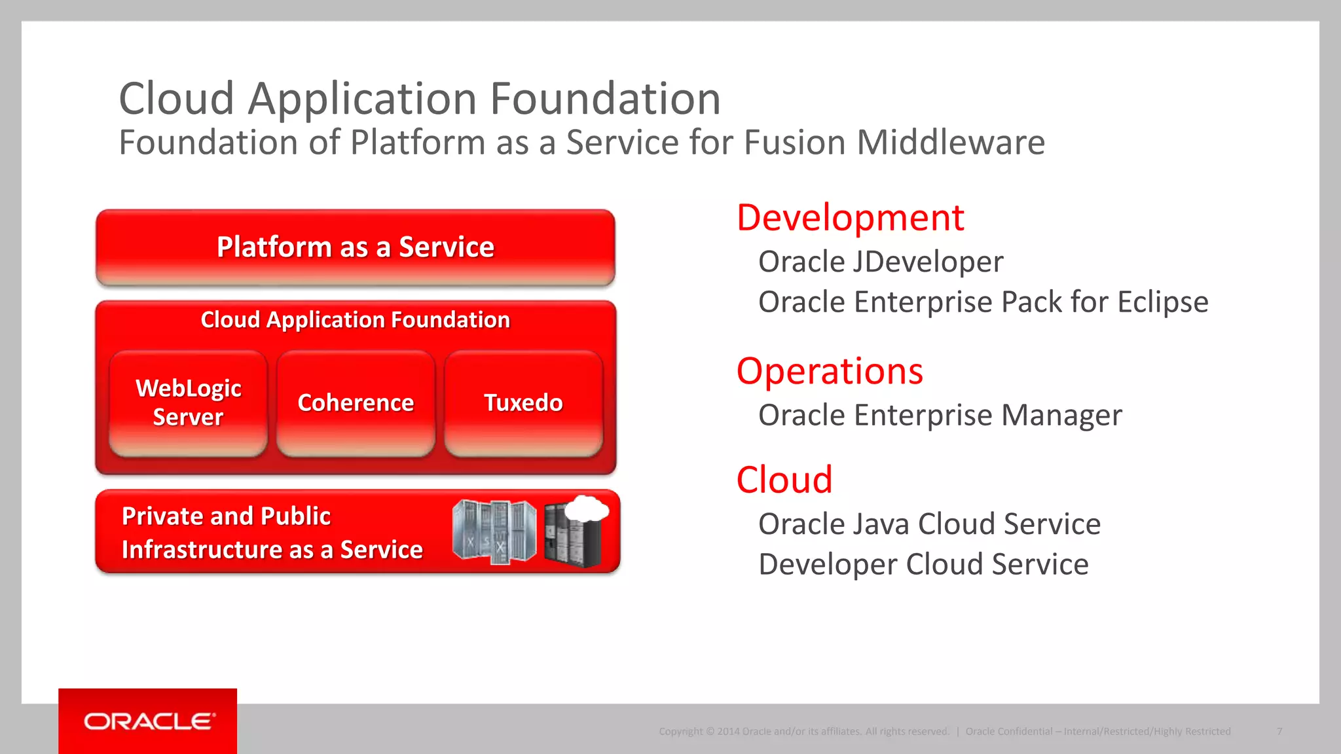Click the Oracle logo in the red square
[149, 721]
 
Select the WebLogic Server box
[189, 403]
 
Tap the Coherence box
[356, 403]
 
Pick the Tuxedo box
[523, 403]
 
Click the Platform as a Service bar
[356, 247]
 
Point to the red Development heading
[850, 218]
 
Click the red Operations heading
[830, 371]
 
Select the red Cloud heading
[784, 480]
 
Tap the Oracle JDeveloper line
[881, 262]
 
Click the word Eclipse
[1162, 302]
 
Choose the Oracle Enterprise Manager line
[940, 416]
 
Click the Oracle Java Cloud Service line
[929, 524]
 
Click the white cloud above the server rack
[587, 508]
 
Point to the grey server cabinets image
[494, 531]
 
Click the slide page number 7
[1279, 731]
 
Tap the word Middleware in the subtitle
[951, 143]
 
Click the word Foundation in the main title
[605, 99]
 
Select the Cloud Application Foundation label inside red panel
[356, 320]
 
